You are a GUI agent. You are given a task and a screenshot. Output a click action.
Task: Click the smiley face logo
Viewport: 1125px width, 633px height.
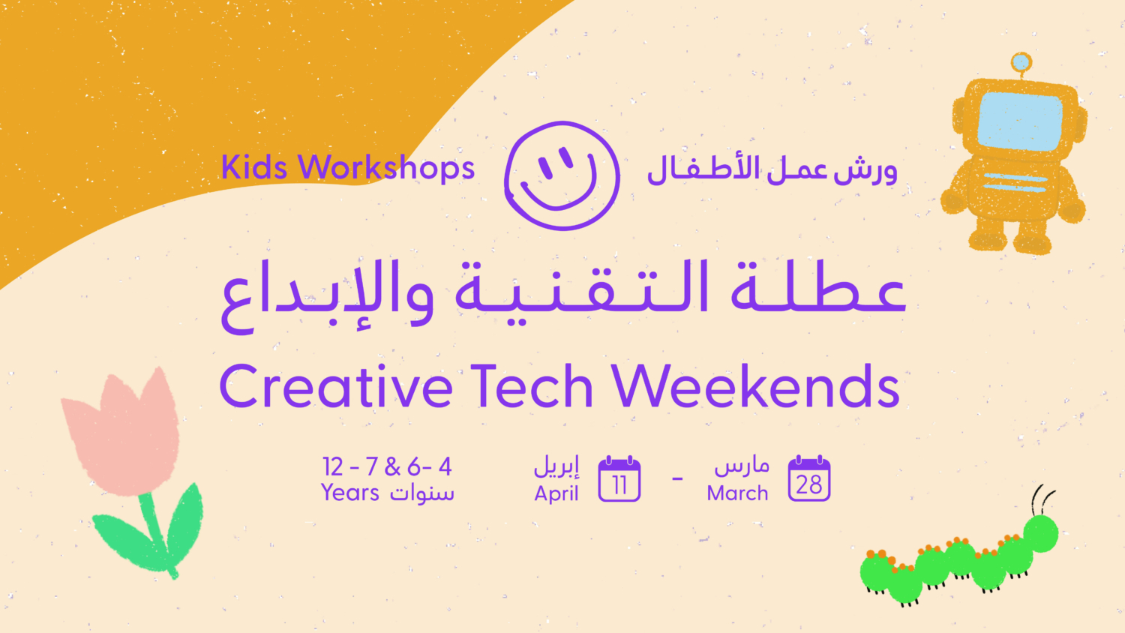pyautogui.click(x=562, y=175)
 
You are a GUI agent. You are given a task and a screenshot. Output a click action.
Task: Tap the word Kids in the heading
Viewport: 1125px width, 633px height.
pyautogui.click(x=253, y=167)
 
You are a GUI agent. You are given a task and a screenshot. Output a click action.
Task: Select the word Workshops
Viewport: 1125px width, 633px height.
pyautogui.click(x=387, y=168)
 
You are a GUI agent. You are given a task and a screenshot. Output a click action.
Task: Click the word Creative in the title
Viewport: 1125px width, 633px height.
pyautogui.click(x=336, y=387)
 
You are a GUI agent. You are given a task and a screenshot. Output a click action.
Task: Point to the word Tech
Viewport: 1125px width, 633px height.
pyautogui.click(x=532, y=387)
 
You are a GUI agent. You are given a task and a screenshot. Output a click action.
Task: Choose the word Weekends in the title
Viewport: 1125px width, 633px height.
pyautogui.click(x=755, y=387)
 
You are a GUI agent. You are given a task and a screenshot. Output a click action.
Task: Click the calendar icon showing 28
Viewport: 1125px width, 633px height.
pyautogui.click(x=809, y=478)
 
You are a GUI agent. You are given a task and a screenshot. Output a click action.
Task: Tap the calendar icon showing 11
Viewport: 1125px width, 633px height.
pyautogui.click(x=619, y=478)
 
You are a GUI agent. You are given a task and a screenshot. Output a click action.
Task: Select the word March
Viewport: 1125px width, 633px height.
pyautogui.click(x=737, y=493)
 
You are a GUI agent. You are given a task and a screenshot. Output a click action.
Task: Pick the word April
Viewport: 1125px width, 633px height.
pyautogui.click(x=556, y=493)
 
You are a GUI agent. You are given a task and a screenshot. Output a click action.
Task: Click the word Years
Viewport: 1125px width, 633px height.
pyautogui.click(x=350, y=493)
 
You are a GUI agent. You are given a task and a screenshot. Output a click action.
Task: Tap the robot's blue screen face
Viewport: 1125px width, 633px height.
pyautogui.click(x=1019, y=121)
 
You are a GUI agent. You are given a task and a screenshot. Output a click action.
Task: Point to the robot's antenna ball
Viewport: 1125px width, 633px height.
pyautogui.click(x=1021, y=63)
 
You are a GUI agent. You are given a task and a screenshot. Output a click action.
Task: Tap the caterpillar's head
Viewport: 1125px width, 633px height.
pyautogui.click(x=1041, y=532)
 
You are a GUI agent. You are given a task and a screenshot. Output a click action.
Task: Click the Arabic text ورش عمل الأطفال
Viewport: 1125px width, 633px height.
pyautogui.click(x=772, y=169)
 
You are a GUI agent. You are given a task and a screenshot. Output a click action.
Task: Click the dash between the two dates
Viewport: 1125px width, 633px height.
pyautogui.click(x=677, y=478)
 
